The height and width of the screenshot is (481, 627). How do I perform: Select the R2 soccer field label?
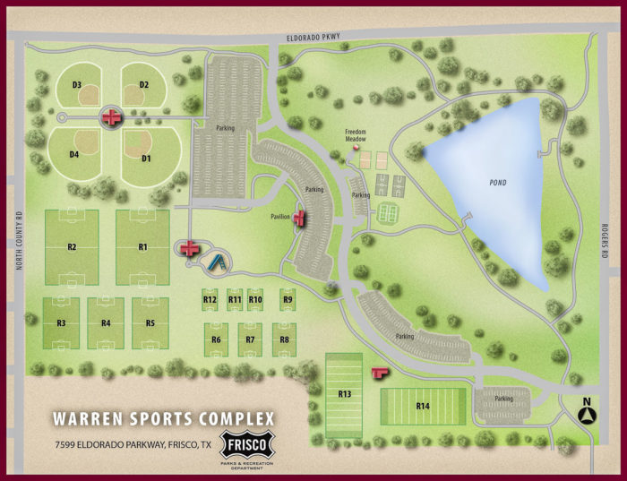(x=71, y=246)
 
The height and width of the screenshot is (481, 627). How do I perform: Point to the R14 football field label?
(x=423, y=406)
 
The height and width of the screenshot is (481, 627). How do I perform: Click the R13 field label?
(x=344, y=393)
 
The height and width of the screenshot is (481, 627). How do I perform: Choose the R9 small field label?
(x=288, y=299)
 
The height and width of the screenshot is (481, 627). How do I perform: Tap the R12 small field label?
(x=210, y=299)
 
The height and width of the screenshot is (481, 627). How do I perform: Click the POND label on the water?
(x=497, y=183)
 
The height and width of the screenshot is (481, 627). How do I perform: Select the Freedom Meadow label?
(x=357, y=135)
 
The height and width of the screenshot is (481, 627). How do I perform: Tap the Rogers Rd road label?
(x=606, y=242)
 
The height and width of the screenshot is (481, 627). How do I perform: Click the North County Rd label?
(x=18, y=242)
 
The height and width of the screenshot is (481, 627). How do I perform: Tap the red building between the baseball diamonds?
(x=110, y=116)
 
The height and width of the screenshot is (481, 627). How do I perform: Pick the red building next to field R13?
(x=379, y=372)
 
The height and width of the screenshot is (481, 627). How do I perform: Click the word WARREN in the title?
(x=92, y=419)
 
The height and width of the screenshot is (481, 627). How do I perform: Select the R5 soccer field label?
(x=150, y=322)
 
